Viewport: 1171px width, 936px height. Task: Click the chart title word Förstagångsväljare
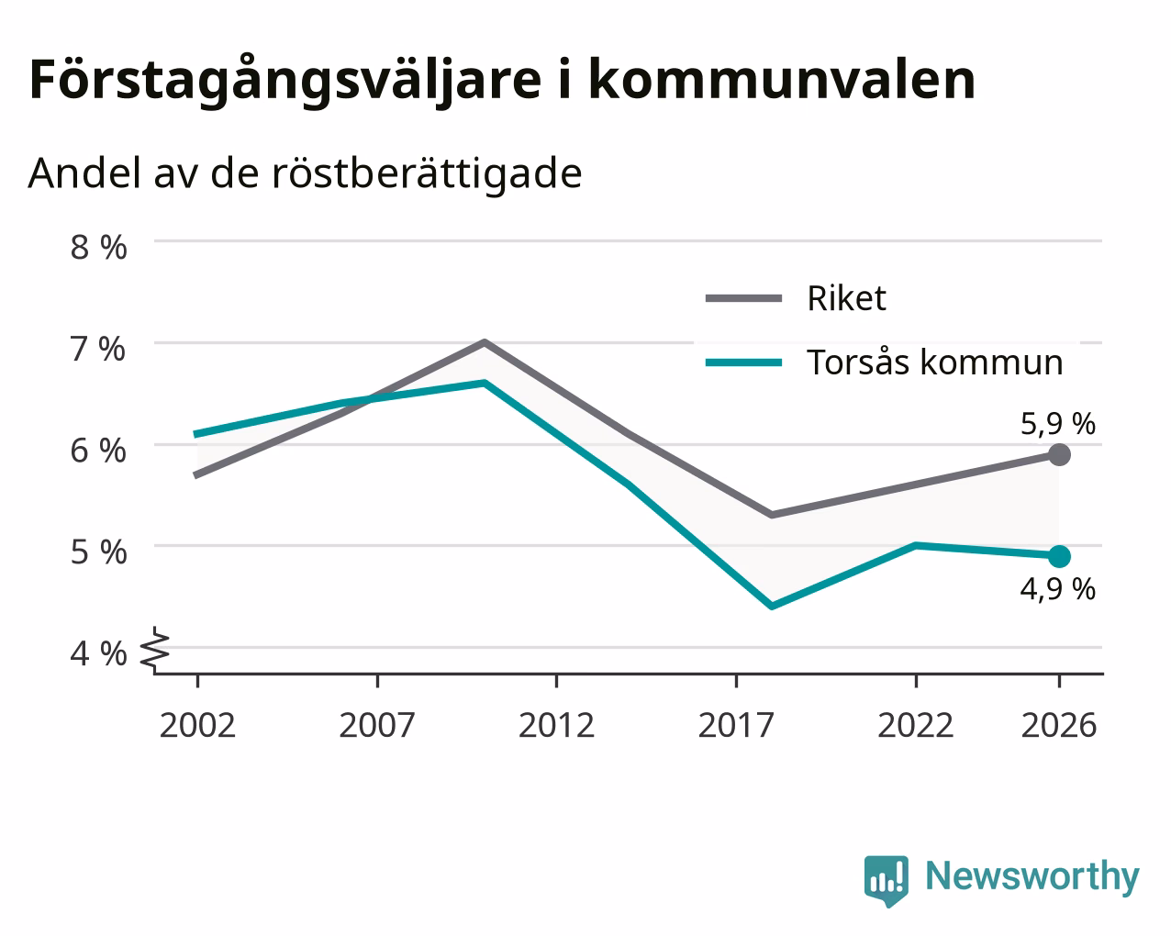[285, 81]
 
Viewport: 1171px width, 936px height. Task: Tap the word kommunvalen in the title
[782, 80]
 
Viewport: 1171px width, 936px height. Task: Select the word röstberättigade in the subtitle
[427, 174]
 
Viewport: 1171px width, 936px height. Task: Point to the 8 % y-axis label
[98, 248]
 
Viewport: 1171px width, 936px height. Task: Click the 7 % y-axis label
[98, 349]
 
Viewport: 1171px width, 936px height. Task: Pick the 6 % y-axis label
[98, 451]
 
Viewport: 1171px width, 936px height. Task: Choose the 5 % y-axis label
[98, 552]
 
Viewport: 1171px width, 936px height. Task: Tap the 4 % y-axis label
[98, 653]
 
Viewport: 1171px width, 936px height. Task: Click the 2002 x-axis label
[197, 725]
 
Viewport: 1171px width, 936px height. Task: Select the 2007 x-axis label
[377, 725]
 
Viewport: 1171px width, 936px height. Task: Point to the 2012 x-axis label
[557, 725]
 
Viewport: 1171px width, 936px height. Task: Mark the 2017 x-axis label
[736, 725]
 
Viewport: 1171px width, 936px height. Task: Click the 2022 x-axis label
[916, 725]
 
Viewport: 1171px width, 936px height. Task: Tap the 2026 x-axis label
[1059, 725]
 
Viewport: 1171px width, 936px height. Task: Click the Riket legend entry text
[847, 298]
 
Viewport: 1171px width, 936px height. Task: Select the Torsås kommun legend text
[935, 362]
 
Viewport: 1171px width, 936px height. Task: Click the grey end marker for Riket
[1059, 454]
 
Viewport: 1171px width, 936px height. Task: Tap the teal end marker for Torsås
[1059, 556]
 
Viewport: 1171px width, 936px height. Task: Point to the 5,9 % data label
[1058, 424]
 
